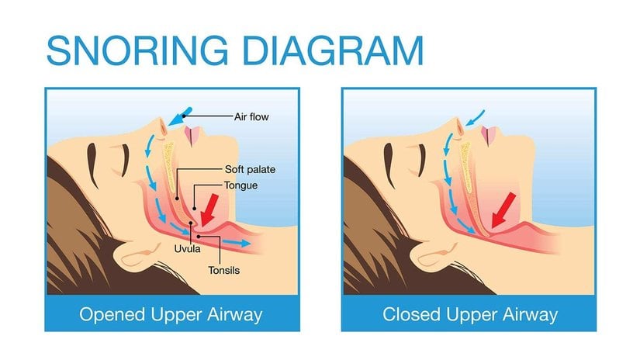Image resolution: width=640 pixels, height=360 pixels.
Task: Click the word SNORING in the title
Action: pyautogui.click(x=137, y=50)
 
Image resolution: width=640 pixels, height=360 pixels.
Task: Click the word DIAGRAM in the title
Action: pyautogui.click(x=333, y=50)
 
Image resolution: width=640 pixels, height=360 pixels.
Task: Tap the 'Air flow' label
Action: pyautogui.click(x=251, y=117)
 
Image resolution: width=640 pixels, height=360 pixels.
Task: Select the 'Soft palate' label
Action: pyautogui.click(x=251, y=169)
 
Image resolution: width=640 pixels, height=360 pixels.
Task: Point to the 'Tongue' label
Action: pyautogui.click(x=240, y=185)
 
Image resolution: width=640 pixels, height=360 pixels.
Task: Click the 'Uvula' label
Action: pyautogui.click(x=188, y=249)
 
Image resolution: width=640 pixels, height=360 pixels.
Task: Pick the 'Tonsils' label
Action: pyautogui.click(x=223, y=270)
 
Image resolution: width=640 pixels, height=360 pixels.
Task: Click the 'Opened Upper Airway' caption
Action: pyautogui.click(x=171, y=315)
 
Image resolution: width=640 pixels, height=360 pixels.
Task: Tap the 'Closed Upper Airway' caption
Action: pyautogui.click(x=470, y=315)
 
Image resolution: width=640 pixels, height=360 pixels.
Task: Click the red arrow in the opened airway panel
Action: pyautogui.click(x=210, y=209)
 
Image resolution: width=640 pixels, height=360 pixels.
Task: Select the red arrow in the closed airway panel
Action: pyautogui.click(x=503, y=210)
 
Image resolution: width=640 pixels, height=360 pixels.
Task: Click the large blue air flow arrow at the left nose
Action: pyautogui.click(x=180, y=116)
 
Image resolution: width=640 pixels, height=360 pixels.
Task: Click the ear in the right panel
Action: pyautogui.click(x=434, y=254)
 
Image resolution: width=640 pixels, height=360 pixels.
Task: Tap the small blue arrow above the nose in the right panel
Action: pyautogui.click(x=475, y=118)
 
